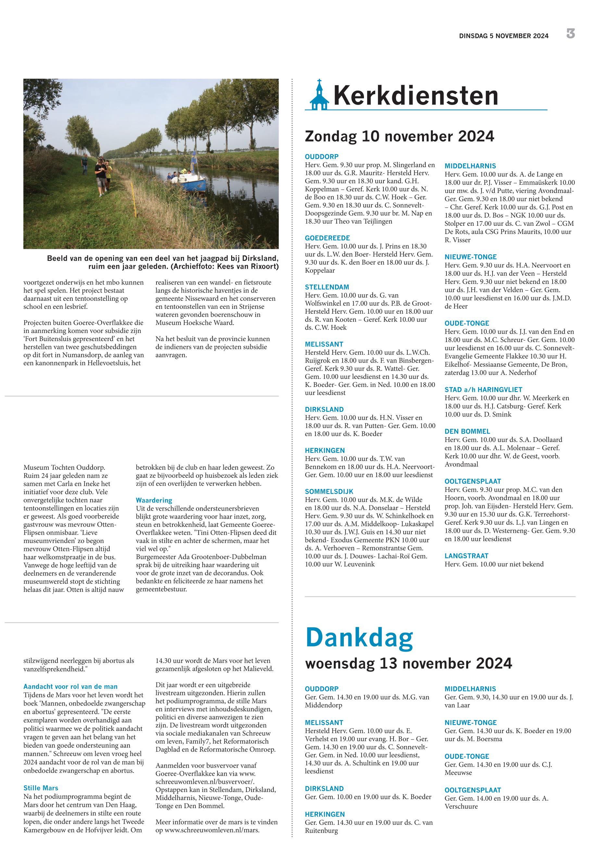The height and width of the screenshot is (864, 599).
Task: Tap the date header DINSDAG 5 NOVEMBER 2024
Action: [x=504, y=36]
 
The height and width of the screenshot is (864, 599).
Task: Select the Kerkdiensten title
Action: [x=416, y=96]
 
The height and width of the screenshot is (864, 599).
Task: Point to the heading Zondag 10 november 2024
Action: [x=399, y=136]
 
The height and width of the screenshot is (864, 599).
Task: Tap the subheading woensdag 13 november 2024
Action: [x=408, y=664]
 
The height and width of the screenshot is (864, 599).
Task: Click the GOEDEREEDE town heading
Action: [x=327, y=238]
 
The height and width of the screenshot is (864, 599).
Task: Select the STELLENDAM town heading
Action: [x=327, y=287]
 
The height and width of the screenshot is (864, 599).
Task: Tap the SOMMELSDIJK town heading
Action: [x=329, y=491]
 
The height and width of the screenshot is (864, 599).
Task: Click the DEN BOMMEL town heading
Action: [x=467, y=431]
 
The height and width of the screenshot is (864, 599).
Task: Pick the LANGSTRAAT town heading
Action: [x=467, y=556]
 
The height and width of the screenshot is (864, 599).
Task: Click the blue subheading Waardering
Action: [x=154, y=501]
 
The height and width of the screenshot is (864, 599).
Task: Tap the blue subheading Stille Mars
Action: [x=41, y=788]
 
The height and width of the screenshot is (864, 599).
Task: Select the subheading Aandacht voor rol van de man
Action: [x=70, y=687]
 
